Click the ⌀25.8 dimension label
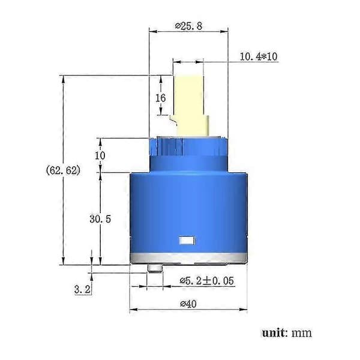188,26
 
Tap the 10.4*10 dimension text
259,56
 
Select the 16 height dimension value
160,98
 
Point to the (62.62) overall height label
64,170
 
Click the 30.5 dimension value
100,219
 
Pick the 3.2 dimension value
82,289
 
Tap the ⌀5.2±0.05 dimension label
206,281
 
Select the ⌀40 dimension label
188,304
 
